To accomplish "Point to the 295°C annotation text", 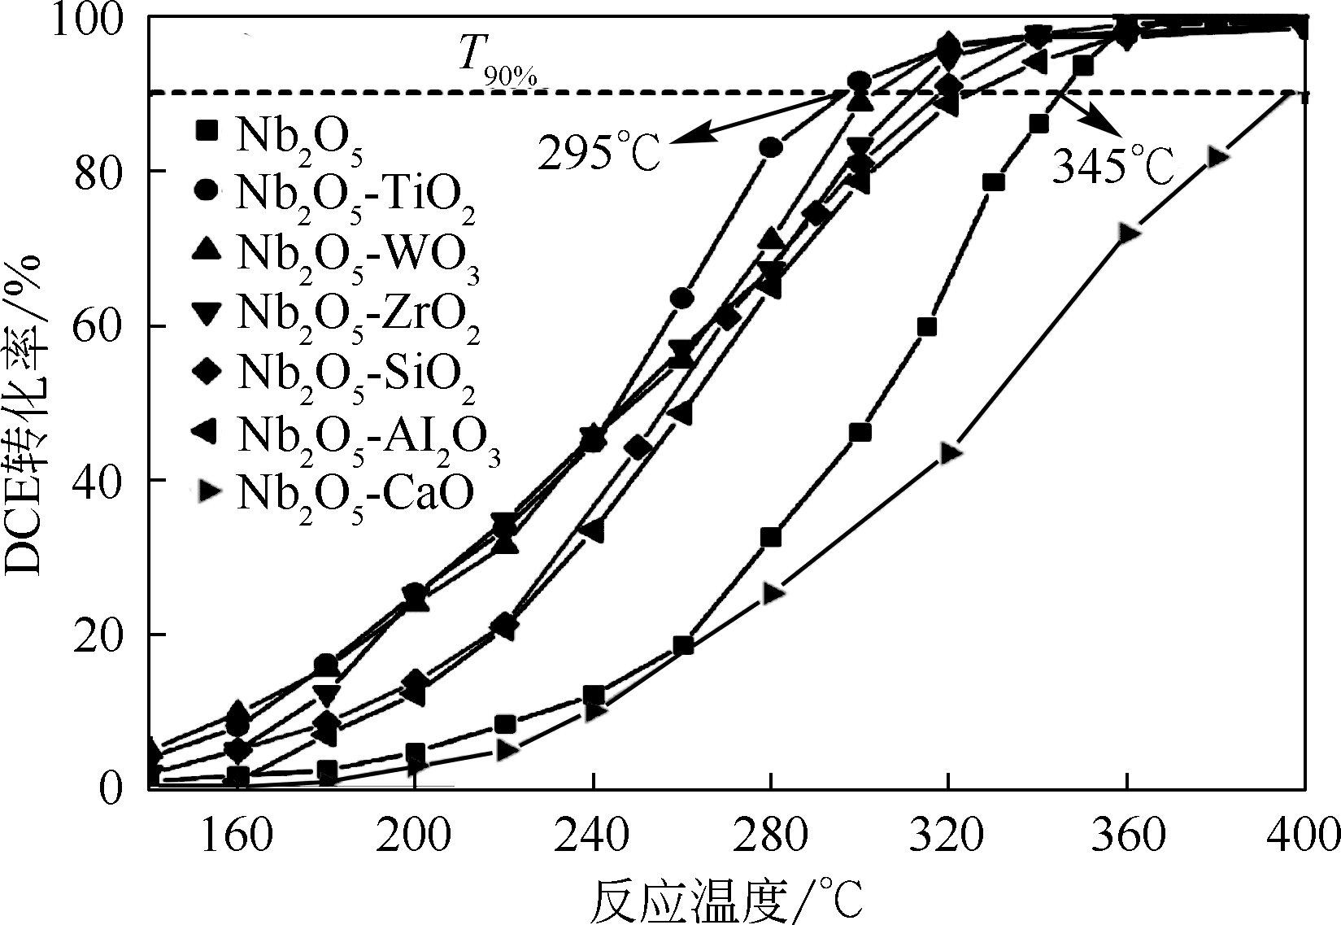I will pyautogui.click(x=599, y=151).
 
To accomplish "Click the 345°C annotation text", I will pyautogui.click(x=1113, y=167).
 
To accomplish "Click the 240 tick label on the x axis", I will pyautogui.click(x=594, y=836).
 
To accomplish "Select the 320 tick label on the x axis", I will pyautogui.click(x=948, y=836).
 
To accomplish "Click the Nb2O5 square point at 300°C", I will pyautogui.click(x=860, y=432).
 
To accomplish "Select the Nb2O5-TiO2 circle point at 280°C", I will pyautogui.click(x=771, y=147).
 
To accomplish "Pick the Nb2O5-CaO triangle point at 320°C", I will pyautogui.click(x=950, y=453).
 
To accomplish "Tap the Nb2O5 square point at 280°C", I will pyautogui.click(x=770, y=538).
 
